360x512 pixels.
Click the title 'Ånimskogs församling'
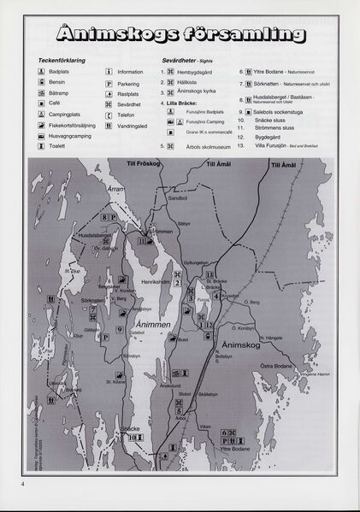coord(183,35)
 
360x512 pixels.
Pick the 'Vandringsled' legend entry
coord(136,125)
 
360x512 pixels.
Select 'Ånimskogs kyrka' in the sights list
coord(198,91)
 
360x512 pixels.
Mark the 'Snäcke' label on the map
coord(129,427)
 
